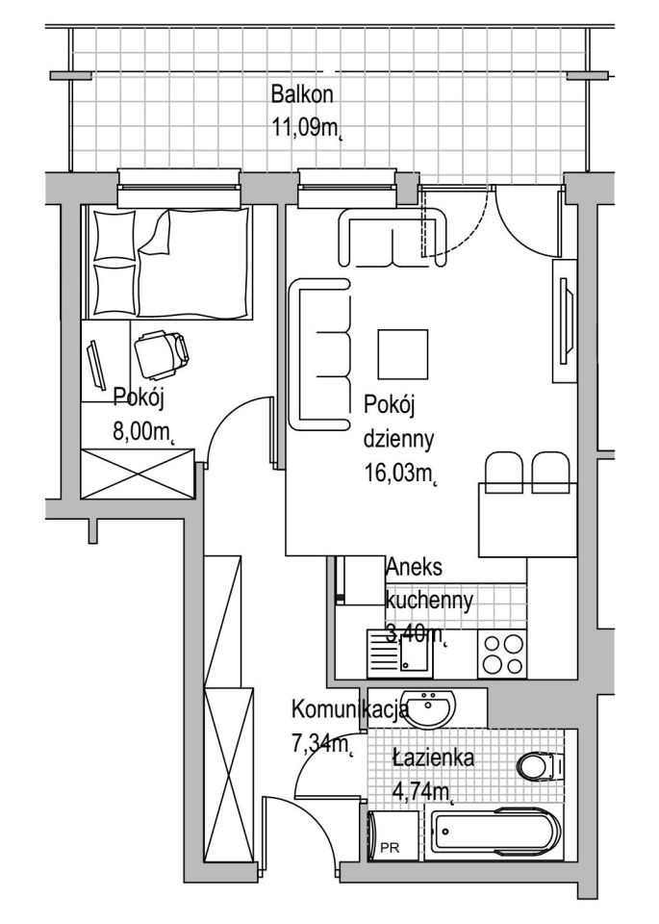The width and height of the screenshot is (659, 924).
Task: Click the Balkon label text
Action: pyautogui.click(x=301, y=93)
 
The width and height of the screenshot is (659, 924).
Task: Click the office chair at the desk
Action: pyautogui.click(x=162, y=355)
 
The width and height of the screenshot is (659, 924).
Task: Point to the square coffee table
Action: pyautogui.click(x=402, y=355)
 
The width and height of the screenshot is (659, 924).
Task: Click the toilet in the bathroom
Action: pyautogui.click(x=539, y=767)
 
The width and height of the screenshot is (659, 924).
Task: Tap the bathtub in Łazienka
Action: pyautogui.click(x=494, y=834)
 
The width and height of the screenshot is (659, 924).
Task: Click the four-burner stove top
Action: pyautogui.click(x=502, y=654)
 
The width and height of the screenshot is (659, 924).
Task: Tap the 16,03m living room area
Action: pyautogui.click(x=401, y=474)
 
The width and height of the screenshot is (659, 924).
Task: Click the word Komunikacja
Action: pyautogui.click(x=350, y=709)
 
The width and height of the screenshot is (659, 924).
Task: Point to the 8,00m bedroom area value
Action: pyautogui.click(x=145, y=432)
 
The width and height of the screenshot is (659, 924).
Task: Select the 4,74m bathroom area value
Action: pyautogui.click(x=423, y=791)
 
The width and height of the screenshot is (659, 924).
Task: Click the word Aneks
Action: pyautogui.click(x=414, y=567)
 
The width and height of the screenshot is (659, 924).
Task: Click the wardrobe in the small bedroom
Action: pyautogui.click(x=138, y=474)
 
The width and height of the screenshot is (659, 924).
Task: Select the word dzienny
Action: pyautogui.click(x=398, y=440)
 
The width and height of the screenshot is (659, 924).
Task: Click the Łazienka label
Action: pyautogui.click(x=434, y=757)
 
